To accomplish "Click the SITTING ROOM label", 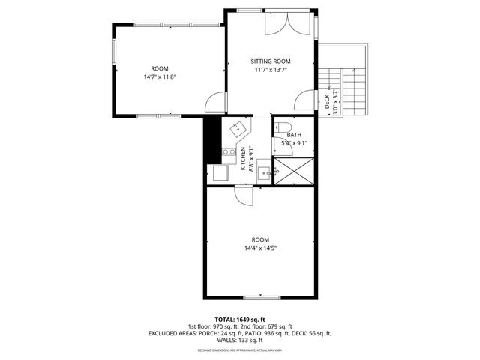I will coord(270,61).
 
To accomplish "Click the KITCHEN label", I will coord(243,158).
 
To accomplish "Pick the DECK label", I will coord(328,101).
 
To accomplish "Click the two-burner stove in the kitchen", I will coord(228,154).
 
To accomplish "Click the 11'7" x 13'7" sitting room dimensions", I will coord(270,70).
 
